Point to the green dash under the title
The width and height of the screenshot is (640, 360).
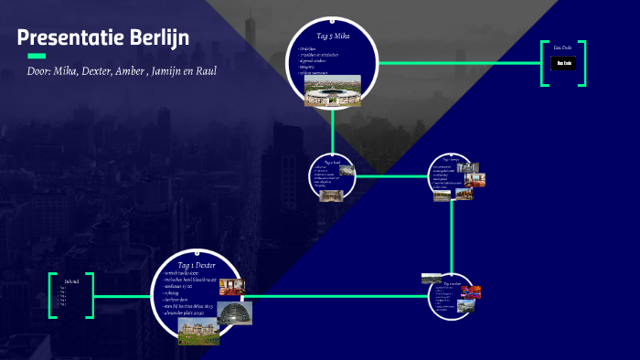click(37, 56)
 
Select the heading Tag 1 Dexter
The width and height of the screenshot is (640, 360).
click(197, 265)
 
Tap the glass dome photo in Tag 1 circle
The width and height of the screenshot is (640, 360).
click(234, 312)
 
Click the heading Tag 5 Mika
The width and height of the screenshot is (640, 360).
click(333, 37)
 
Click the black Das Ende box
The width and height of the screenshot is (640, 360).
click(562, 63)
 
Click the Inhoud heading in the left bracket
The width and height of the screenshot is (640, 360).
click(71, 281)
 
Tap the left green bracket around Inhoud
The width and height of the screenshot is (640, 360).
click(53, 295)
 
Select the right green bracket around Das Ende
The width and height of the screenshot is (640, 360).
click(581, 63)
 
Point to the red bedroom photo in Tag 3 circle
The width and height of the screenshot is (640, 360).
click(475, 179)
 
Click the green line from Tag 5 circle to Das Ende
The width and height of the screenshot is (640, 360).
click(457, 63)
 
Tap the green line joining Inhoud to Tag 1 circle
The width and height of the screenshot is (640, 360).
click(123, 296)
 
